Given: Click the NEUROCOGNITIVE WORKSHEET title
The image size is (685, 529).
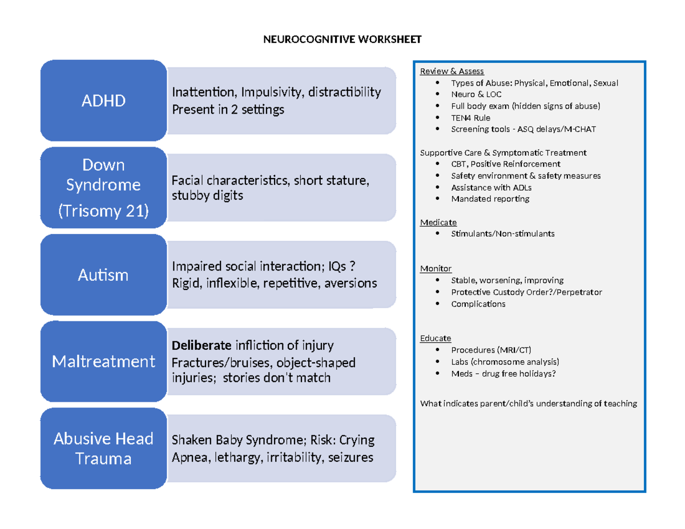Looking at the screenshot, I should (x=342, y=39).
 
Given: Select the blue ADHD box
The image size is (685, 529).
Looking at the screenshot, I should (x=103, y=101).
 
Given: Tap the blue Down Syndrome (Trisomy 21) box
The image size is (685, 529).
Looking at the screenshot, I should (x=103, y=188).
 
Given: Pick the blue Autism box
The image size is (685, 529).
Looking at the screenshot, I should (x=103, y=275).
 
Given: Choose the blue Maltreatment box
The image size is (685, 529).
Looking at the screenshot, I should (x=103, y=361).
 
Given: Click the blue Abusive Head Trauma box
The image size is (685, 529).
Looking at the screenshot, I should (x=103, y=449).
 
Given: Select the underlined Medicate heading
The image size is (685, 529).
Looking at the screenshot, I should (x=438, y=222).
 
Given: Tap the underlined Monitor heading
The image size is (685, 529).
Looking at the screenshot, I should (x=436, y=268).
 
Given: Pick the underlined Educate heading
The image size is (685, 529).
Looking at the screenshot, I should (x=435, y=338).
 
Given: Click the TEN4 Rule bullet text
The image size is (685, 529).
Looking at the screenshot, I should (x=470, y=118).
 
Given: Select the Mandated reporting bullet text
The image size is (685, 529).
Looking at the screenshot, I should (x=490, y=199).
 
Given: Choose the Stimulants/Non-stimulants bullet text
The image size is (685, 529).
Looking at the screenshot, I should (x=502, y=233).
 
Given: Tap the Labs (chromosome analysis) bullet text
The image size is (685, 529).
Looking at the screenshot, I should (x=505, y=362).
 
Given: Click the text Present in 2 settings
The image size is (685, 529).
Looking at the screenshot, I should (x=228, y=110).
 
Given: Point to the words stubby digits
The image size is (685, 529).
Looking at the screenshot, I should (x=207, y=196).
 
